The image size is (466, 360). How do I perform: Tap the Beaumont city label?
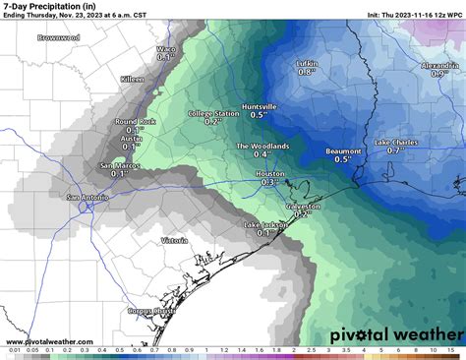point(343,150)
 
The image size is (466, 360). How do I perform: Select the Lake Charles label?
point(396,142)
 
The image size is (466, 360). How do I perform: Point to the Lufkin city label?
point(307,63)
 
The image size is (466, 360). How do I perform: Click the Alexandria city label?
point(438,65)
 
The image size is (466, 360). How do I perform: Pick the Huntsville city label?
point(263,106)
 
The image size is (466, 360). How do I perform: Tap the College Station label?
point(213,114)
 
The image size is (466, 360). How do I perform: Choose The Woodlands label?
point(262,146)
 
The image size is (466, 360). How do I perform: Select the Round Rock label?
point(130,121)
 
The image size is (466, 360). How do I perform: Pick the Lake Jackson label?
point(265,225)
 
